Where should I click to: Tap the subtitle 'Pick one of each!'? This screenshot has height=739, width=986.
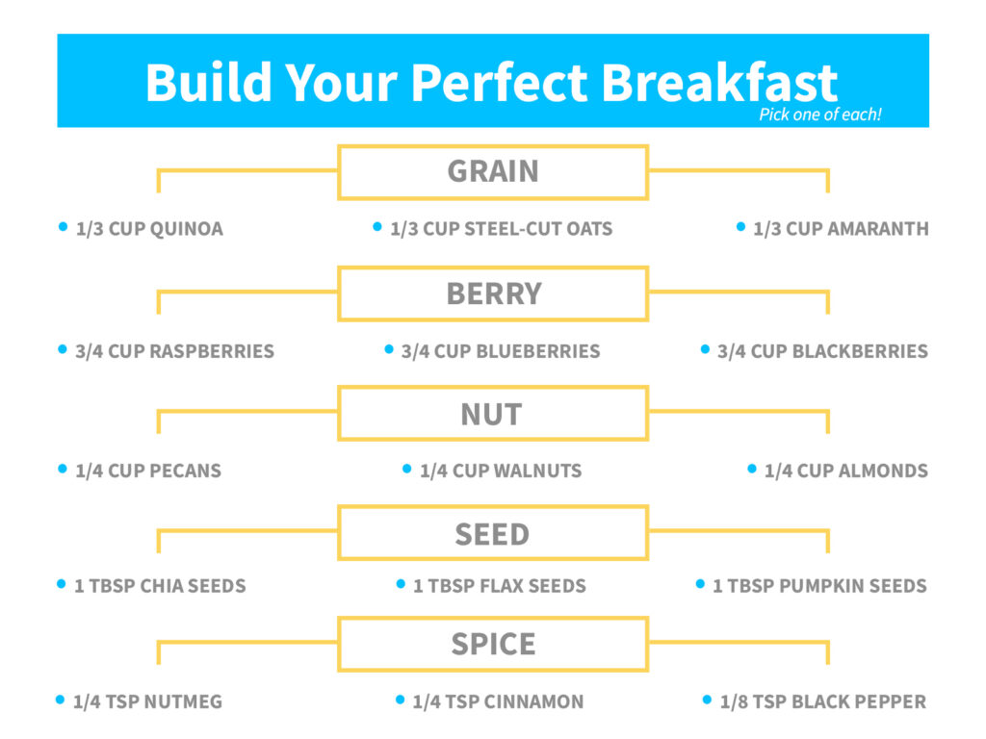tap(820, 115)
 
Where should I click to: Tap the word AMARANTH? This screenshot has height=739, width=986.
tap(878, 229)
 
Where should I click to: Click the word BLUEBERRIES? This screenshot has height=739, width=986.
tap(538, 350)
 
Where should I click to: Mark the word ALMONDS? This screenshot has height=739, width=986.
tap(883, 470)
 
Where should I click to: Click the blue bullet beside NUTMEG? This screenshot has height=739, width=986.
tap(61, 700)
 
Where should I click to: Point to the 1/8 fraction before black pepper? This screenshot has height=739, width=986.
tap(734, 701)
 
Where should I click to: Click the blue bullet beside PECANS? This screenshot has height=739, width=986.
tap(63, 469)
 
